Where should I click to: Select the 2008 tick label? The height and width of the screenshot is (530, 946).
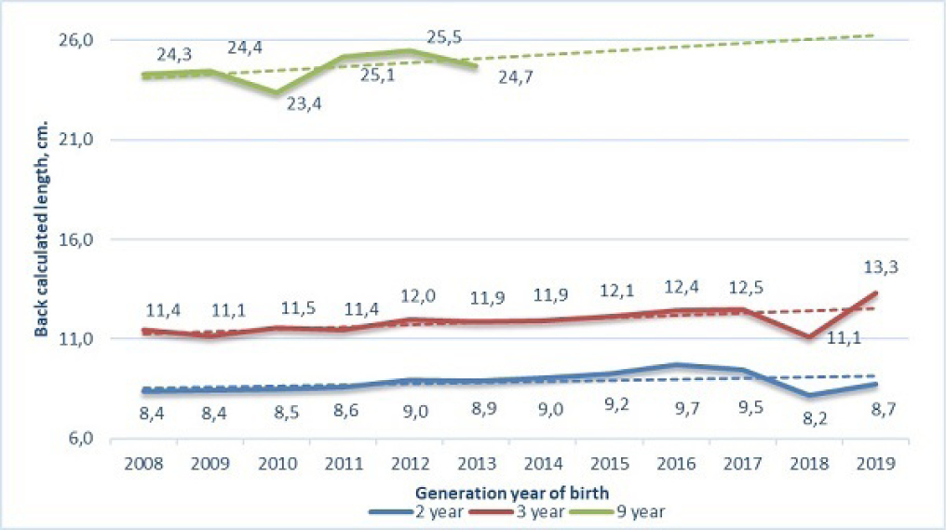pyautogui.click(x=143, y=462)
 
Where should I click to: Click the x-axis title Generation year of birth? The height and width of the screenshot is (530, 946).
pyautogui.click(x=505, y=492)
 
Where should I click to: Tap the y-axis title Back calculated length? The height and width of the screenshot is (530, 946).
pyautogui.click(x=42, y=240)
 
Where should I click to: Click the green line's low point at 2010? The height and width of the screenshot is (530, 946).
pyautogui.click(x=276, y=92)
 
